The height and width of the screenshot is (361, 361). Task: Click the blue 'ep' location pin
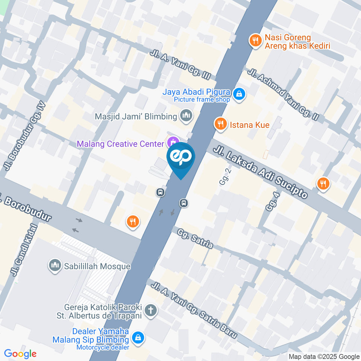point(181,158)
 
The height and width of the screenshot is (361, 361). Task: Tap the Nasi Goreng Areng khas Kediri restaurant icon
point(256,41)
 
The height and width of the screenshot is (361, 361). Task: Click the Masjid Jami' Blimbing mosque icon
point(186,116)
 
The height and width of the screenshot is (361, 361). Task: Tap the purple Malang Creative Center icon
point(173,143)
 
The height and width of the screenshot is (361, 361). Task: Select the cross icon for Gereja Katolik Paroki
point(151,311)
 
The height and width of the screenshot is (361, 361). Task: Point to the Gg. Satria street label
point(196,239)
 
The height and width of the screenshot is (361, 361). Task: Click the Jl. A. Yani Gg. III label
point(180,64)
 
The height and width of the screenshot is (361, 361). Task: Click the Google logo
point(20,354)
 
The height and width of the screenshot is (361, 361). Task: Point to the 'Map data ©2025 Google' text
point(324,356)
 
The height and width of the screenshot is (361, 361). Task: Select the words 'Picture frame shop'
point(202,100)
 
